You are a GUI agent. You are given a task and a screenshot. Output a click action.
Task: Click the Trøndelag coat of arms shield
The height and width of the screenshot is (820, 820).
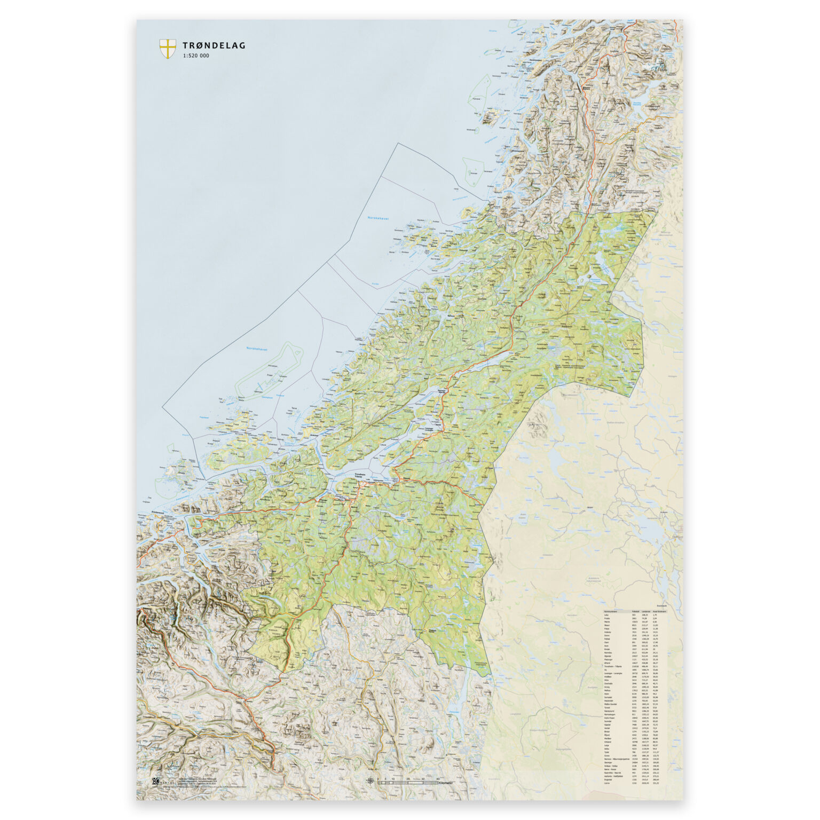[x=167, y=49]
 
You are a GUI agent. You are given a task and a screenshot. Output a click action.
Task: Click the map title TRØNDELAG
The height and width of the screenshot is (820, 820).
[x=214, y=46]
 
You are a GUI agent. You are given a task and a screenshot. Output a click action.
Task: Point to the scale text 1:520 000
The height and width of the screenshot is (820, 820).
[x=196, y=56]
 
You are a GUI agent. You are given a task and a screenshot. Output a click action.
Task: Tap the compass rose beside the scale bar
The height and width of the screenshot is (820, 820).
[x=370, y=782]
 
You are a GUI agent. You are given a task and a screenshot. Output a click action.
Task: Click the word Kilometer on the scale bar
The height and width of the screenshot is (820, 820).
[x=445, y=783]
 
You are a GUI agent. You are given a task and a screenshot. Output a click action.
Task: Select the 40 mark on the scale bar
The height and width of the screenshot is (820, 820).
[x=438, y=779]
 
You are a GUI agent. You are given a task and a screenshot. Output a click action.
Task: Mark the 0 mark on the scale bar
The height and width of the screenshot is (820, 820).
[x=378, y=779]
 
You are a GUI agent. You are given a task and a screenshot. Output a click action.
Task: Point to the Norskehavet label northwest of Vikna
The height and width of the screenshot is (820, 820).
[x=377, y=218]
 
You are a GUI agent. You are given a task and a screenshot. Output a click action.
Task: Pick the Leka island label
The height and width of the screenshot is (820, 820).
[x=468, y=210]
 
